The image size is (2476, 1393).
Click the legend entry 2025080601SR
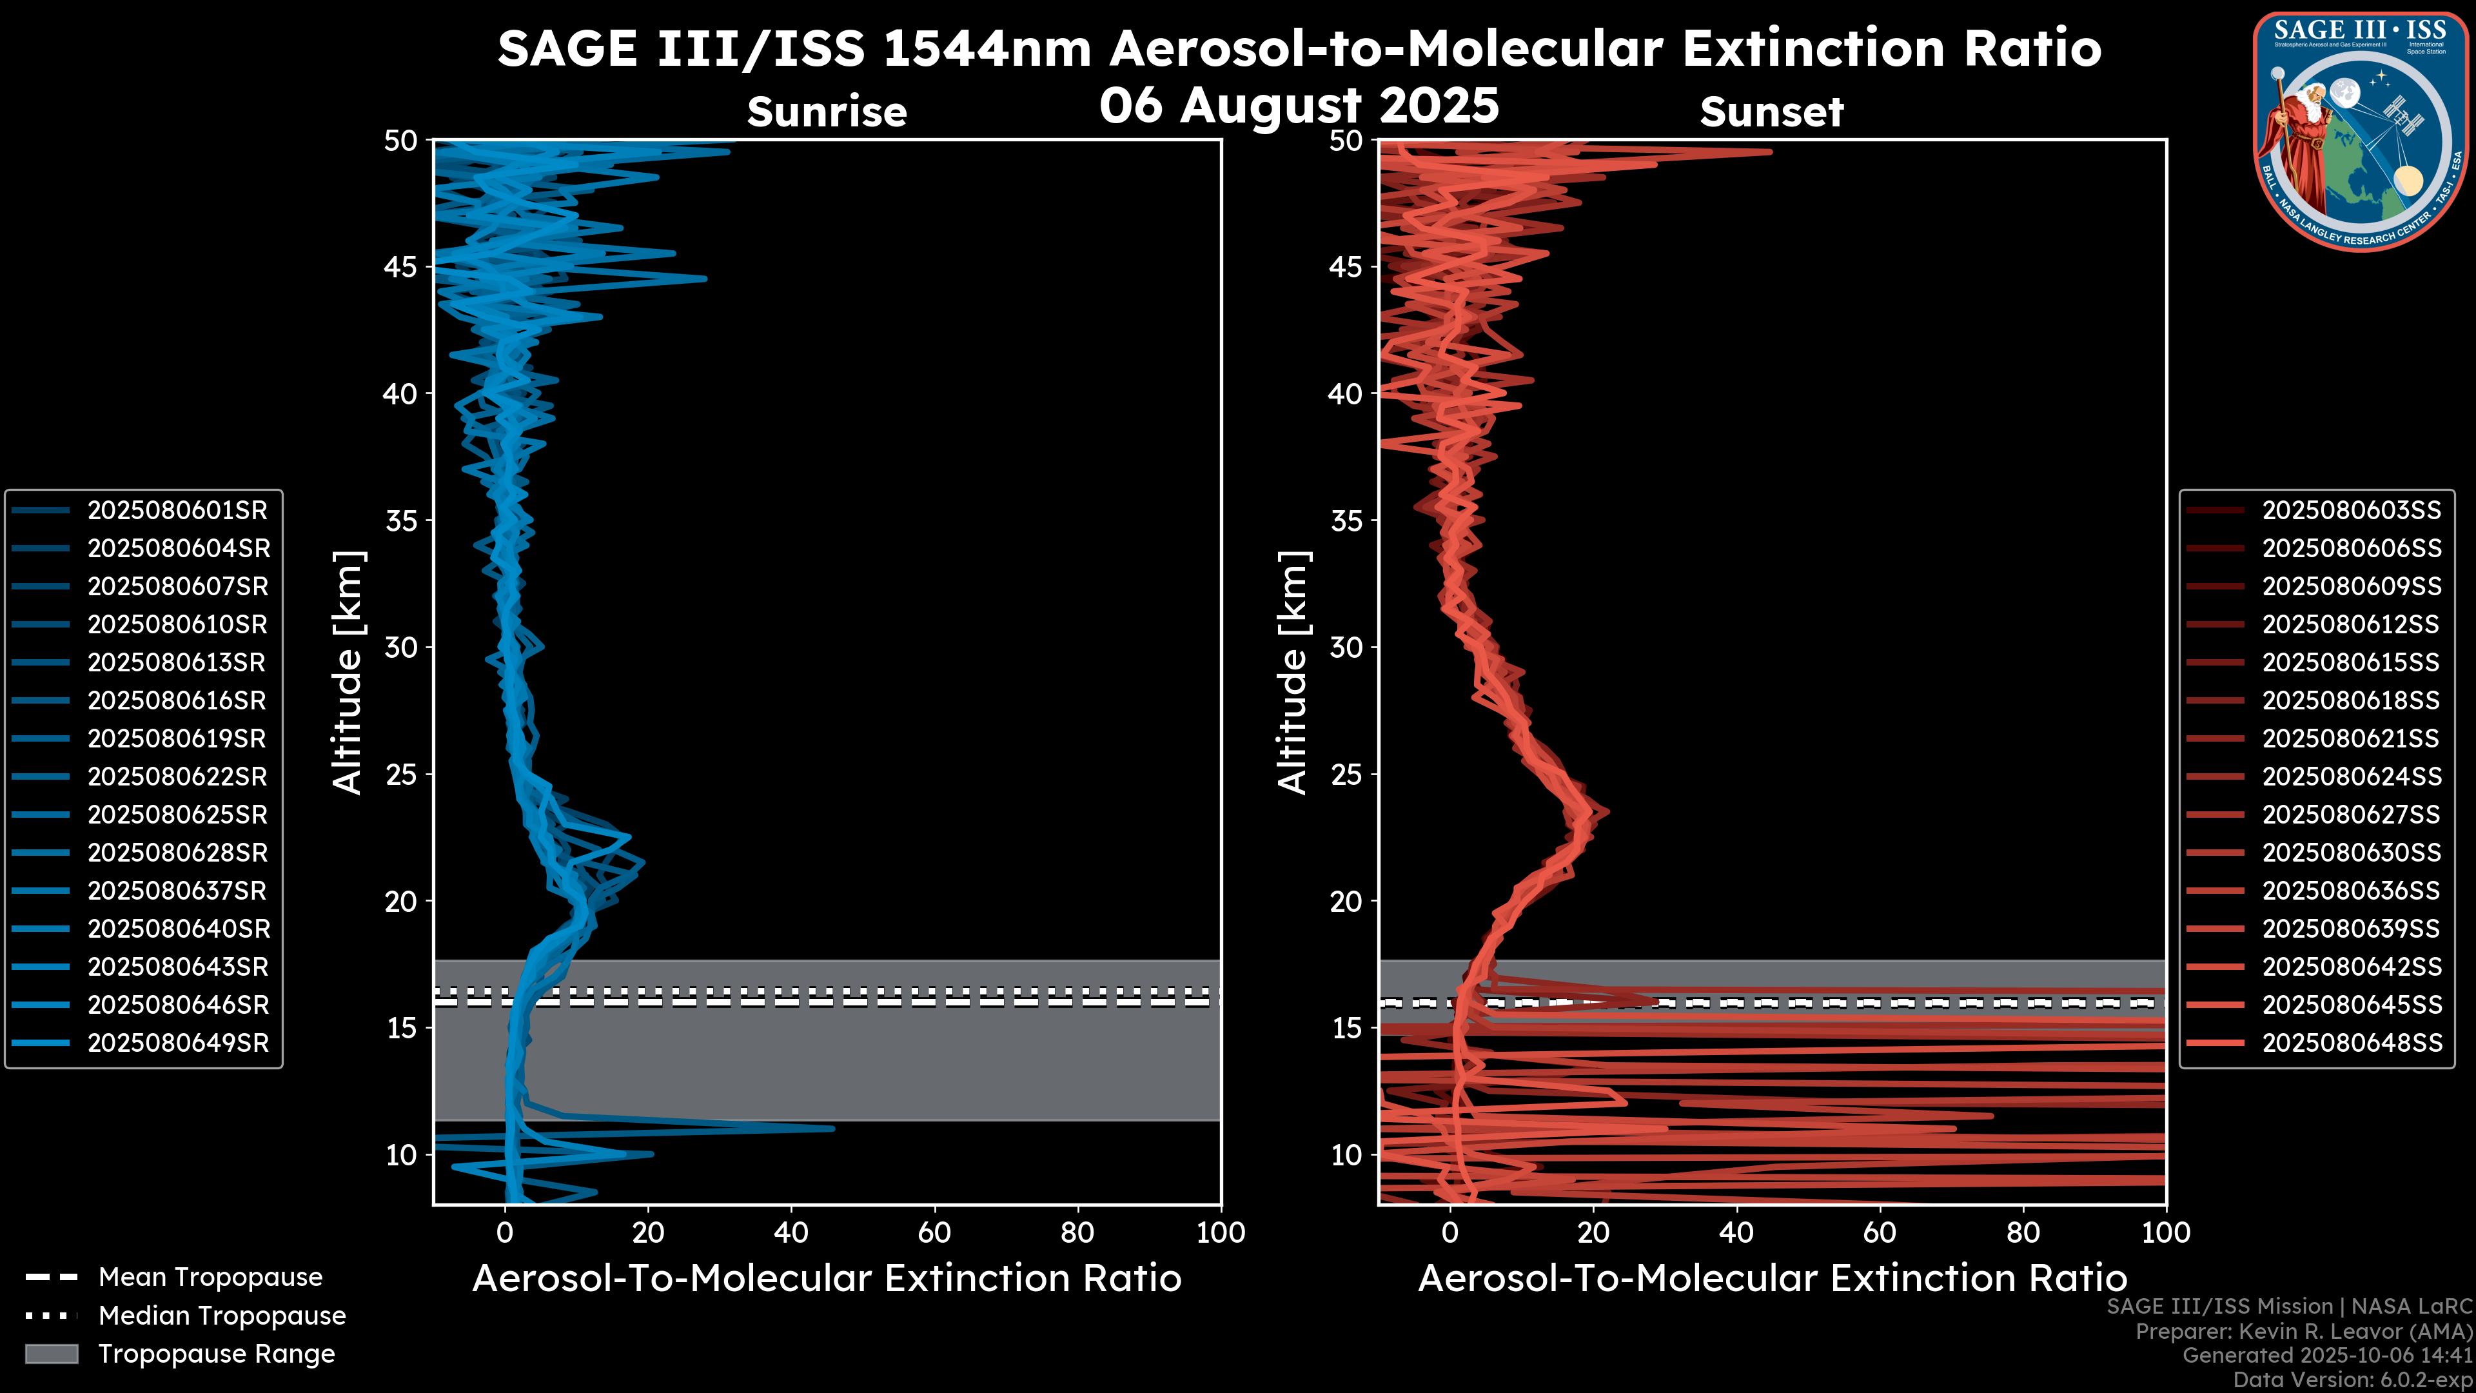(177, 509)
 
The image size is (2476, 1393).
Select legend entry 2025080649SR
(178, 1043)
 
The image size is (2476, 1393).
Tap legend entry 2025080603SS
(2351, 509)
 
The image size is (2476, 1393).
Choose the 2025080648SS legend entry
(2351, 1043)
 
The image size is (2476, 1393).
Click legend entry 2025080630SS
(2351, 853)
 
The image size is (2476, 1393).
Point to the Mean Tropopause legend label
(210, 1277)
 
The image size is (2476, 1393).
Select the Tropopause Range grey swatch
(51, 1354)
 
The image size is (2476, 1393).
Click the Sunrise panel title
(827, 112)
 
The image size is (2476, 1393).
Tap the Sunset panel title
(1771, 112)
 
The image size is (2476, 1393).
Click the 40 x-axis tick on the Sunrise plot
(791, 1232)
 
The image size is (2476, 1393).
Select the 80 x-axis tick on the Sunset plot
(2023, 1232)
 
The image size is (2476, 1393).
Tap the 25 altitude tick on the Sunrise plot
(401, 775)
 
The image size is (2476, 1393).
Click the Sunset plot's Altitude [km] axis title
(1293, 672)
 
